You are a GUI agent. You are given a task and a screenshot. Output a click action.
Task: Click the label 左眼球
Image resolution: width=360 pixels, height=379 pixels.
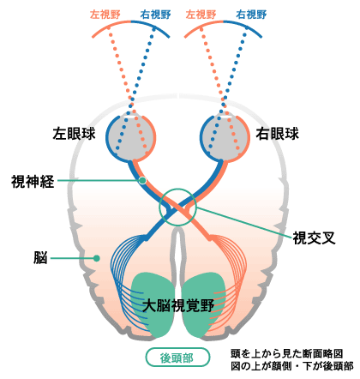click(74, 134)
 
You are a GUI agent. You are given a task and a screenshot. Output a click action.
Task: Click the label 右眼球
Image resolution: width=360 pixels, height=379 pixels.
click(277, 134)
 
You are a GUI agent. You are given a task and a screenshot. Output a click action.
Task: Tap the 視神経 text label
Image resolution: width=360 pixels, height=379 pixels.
click(33, 181)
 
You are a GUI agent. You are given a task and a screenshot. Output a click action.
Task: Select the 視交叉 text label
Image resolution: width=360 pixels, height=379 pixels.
click(314, 238)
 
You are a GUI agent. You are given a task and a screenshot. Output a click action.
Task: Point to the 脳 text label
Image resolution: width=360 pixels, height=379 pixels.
click(40, 258)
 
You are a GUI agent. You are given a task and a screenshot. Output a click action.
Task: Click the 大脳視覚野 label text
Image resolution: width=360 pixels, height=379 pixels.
click(178, 305)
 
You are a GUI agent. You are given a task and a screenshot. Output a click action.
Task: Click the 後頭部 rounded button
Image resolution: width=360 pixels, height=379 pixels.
click(177, 358)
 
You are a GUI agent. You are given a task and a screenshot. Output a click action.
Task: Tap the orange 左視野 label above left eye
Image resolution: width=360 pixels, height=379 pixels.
click(105, 15)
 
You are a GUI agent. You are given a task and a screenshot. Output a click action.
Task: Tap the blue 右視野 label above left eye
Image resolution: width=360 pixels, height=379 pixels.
click(156, 15)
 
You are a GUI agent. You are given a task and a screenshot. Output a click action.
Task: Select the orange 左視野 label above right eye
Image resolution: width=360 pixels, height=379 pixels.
click(201, 15)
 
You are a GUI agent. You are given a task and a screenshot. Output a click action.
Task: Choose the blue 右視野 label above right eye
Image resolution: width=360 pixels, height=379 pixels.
click(251, 15)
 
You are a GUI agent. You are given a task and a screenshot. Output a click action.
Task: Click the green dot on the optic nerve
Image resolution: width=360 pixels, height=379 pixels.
click(142, 181)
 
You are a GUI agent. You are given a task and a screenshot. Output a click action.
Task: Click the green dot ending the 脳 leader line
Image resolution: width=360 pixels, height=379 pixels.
click(97, 258)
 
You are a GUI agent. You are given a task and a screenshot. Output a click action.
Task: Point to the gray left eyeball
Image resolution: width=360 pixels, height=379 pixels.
click(130, 137)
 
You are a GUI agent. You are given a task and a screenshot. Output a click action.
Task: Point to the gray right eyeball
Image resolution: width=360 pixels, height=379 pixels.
click(225, 137)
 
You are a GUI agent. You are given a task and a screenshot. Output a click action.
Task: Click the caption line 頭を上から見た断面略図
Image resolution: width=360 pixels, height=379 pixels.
click(286, 354)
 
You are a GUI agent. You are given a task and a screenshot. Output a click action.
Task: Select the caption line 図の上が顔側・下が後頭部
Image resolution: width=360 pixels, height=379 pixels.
click(292, 366)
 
